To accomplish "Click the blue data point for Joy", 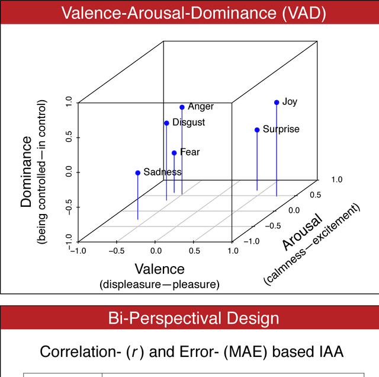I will [277, 103].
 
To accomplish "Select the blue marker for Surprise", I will [257, 130].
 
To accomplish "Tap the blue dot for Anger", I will [182, 107].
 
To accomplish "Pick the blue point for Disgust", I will [166, 123].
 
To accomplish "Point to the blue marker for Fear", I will [174, 153].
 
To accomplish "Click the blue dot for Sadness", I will [138, 173].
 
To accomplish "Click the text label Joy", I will [290, 102].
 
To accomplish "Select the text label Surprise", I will [281, 129].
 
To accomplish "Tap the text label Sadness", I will [162, 172].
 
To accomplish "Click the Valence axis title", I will [159, 270].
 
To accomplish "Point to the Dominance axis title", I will [26, 172].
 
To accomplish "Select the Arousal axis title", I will [302, 231].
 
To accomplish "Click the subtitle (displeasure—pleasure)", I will [159, 285].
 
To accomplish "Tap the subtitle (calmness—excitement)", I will [312, 244].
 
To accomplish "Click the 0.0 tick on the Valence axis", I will [155, 251].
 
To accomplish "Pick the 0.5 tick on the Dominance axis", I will [69, 138].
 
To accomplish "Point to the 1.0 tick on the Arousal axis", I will [336, 178].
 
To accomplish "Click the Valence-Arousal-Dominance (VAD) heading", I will [189, 14].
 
